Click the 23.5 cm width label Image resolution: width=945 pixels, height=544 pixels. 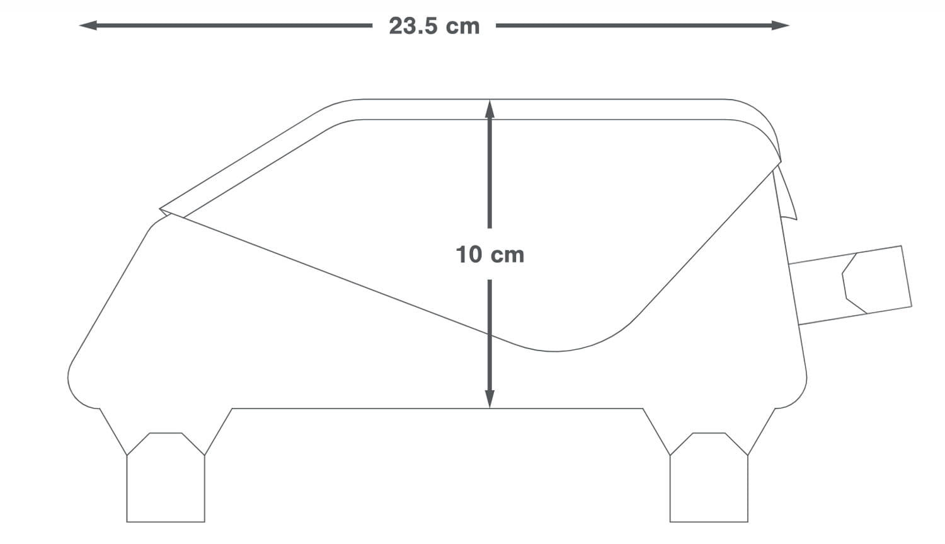(x=434, y=26)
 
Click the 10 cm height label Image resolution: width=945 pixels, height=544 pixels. (x=490, y=255)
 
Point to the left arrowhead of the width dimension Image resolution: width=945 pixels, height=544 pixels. (x=88, y=25)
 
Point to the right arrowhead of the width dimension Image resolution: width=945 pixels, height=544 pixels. (x=780, y=25)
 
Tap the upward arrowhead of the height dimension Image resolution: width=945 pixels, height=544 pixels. (x=490, y=109)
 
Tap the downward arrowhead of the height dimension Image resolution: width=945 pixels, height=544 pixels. (x=490, y=399)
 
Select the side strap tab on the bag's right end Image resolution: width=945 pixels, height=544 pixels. (x=850, y=285)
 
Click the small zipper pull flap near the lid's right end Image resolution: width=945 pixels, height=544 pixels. (x=786, y=192)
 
